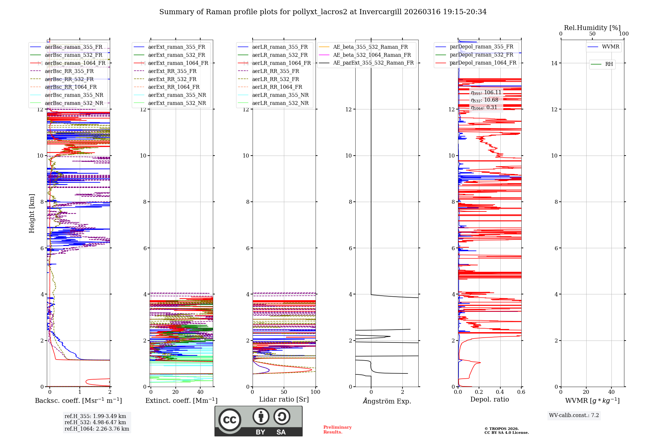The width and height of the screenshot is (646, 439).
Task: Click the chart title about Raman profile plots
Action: tap(323, 12)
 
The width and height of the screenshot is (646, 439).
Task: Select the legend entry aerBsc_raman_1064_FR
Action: tap(75, 63)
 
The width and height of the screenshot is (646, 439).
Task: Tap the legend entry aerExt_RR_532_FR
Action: tap(172, 79)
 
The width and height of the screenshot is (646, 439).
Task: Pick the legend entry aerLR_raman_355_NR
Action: tap(280, 95)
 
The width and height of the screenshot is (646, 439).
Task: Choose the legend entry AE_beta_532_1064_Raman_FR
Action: tap(372, 55)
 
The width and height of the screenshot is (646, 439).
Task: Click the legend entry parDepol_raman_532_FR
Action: tap(481, 55)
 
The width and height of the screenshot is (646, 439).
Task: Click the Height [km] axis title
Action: tap(32, 213)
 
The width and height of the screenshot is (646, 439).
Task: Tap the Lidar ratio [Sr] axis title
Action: tap(284, 399)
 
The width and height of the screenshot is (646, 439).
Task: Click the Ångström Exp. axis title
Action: tap(387, 401)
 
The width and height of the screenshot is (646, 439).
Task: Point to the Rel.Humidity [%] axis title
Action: tap(592, 28)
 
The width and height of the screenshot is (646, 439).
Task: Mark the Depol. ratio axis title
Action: tap(489, 399)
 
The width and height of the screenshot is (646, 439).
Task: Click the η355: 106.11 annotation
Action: tap(486, 93)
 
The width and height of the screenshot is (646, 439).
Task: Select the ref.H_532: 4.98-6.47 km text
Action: tap(95, 422)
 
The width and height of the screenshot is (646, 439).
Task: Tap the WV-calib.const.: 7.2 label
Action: tap(574, 415)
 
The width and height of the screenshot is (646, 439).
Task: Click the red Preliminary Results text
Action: tap(337, 429)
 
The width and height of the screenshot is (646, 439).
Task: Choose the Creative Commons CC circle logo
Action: tap(230, 420)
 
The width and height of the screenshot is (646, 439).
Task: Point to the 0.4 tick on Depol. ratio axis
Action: tap(500, 392)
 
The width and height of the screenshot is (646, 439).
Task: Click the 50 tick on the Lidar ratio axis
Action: tap(284, 392)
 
